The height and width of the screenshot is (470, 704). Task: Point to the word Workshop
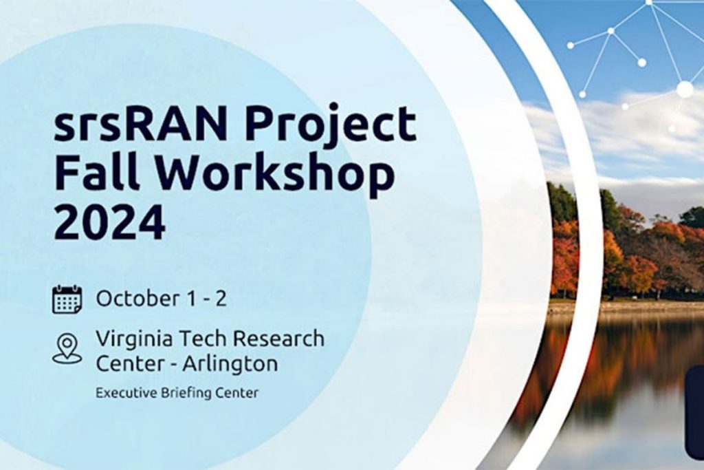point(275,174)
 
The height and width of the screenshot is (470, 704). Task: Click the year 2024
point(109,221)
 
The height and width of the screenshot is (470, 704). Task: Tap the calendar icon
point(67,299)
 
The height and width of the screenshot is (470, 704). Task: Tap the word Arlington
point(230,365)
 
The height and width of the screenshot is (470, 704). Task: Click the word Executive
point(126,393)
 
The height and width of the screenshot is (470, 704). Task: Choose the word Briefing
point(187,393)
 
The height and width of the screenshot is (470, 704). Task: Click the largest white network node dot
point(685,89)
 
